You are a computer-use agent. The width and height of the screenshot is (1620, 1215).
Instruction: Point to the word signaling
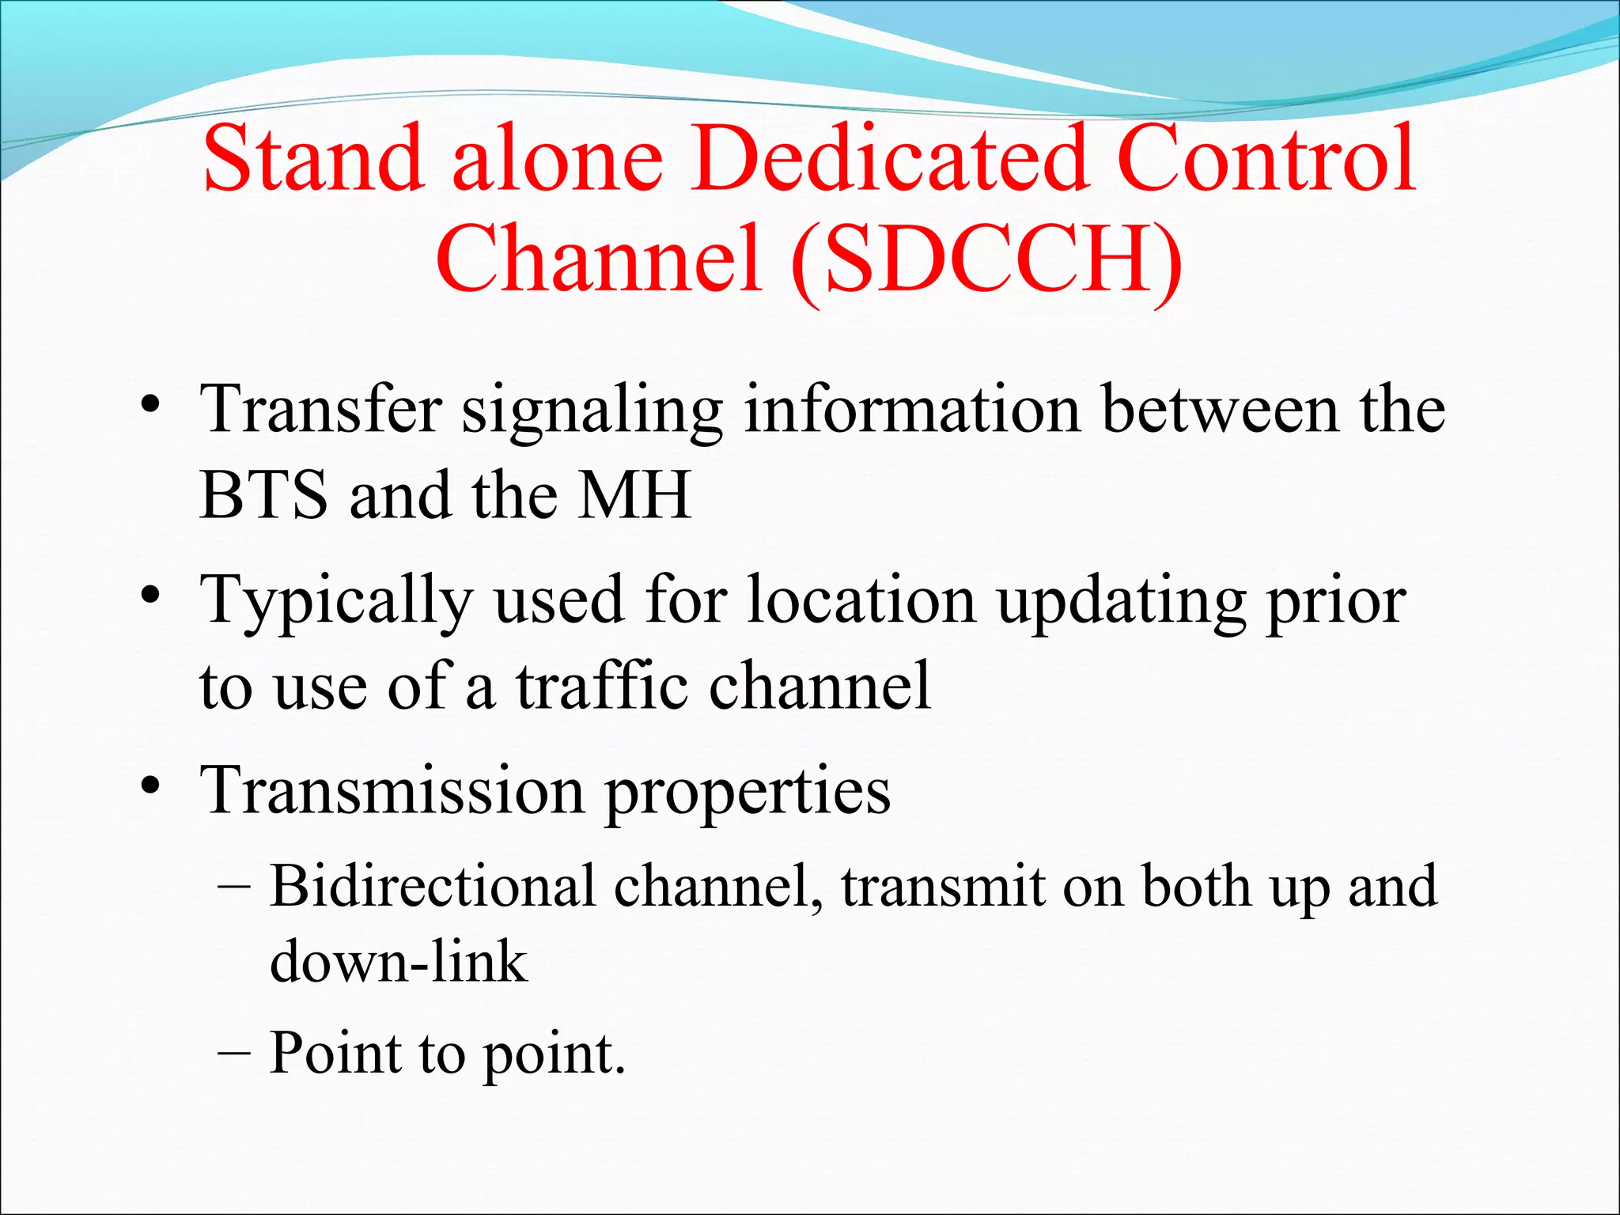pyautogui.click(x=592, y=411)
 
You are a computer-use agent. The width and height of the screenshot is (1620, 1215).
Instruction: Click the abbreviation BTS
pyautogui.click(x=263, y=495)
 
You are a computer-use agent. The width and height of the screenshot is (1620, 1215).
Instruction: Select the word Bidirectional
pyautogui.click(x=433, y=886)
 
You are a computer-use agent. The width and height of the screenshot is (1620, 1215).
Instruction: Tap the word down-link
pyautogui.click(x=398, y=962)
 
